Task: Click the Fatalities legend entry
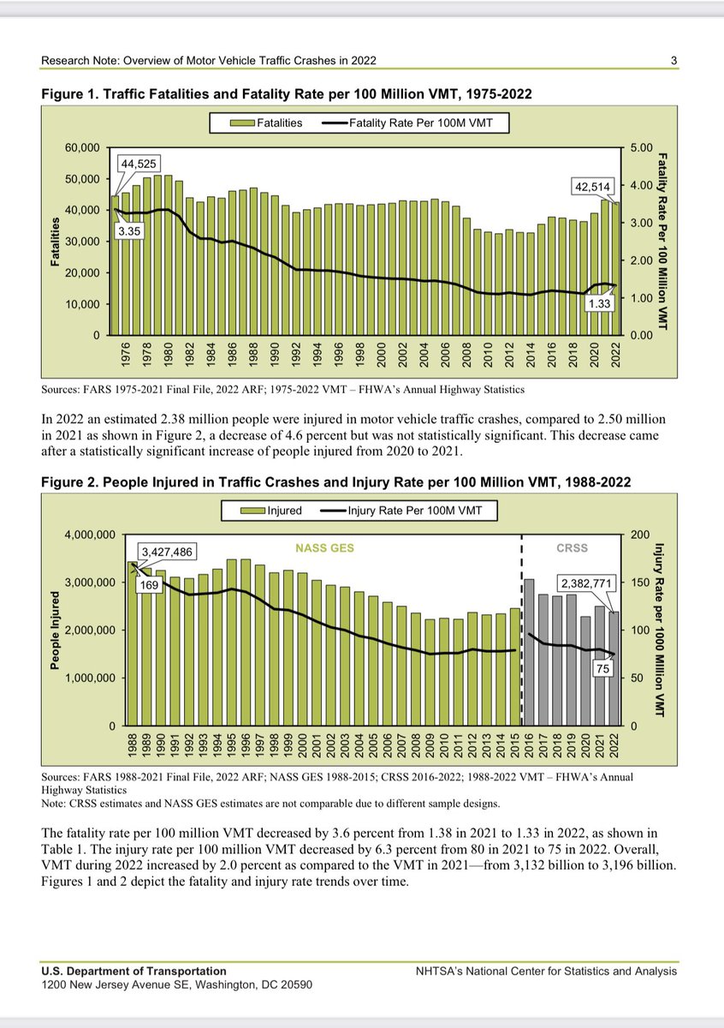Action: [265, 123]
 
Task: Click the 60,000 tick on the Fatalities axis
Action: [81, 147]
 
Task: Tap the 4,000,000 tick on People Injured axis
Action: [88, 535]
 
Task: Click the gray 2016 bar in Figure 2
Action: [530, 652]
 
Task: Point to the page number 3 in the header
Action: [674, 61]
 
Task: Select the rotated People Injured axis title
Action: [54, 630]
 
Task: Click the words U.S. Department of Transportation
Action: [134, 971]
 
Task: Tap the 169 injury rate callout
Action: [151, 587]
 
